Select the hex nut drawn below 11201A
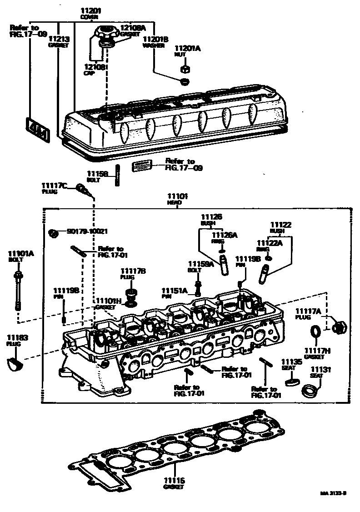pyautogui.click(x=185, y=69)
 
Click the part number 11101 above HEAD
pyautogui.click(x=175, y=196)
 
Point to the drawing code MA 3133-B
pyautogui.click(x=333, y=493)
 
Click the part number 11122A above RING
pyautogui.click(x=270, y=243)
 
